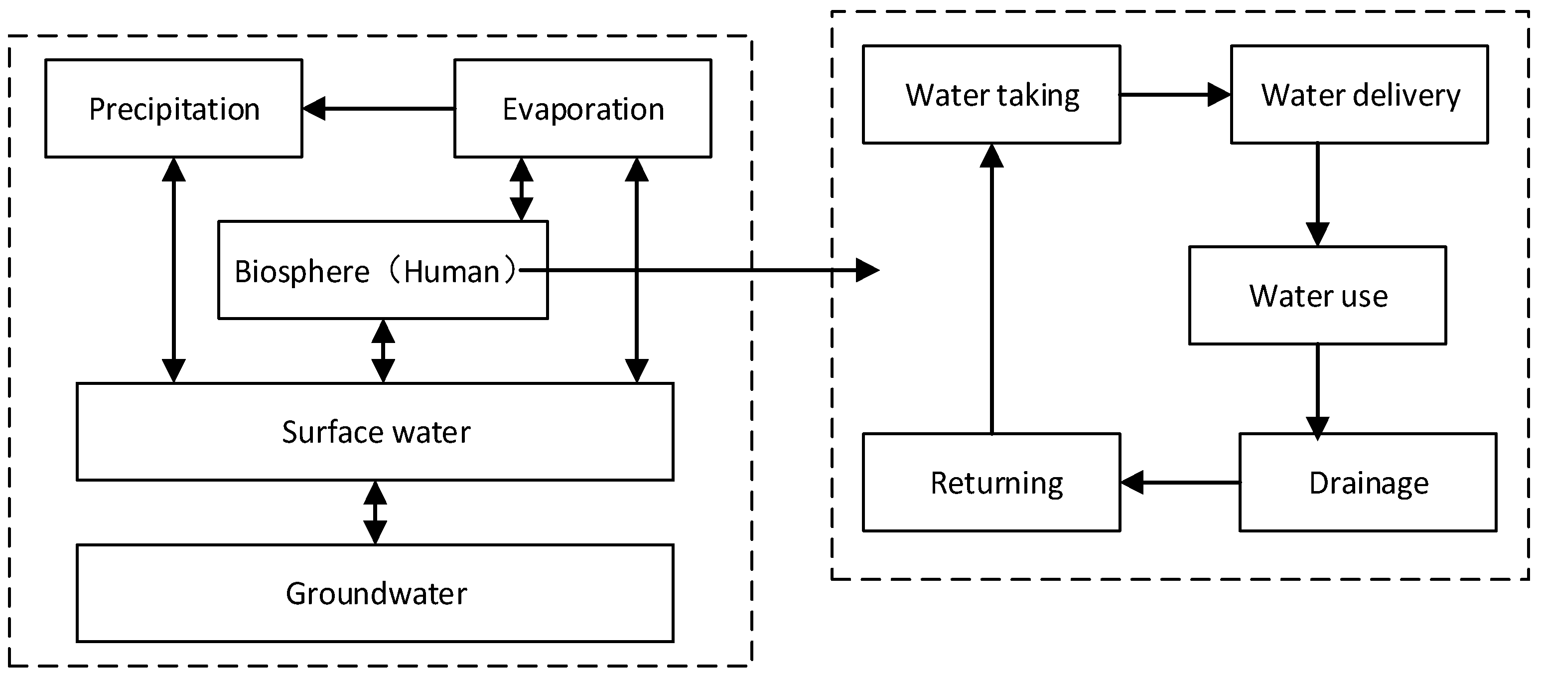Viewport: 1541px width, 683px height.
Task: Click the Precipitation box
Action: (173, 108)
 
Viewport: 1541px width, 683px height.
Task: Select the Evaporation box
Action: (582, 108)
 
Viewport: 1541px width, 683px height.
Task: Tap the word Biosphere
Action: (301, 271)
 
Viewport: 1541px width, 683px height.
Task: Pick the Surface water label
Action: (376, 432)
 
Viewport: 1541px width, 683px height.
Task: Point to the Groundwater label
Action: (376, 593)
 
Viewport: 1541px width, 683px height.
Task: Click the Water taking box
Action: (991, 95)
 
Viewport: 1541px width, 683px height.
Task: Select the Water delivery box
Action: (1359, 95)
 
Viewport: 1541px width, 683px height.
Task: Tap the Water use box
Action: (1317, 295)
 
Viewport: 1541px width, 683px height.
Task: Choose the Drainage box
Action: (1368, 483)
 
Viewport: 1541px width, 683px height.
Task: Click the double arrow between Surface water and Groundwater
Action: (375, 512)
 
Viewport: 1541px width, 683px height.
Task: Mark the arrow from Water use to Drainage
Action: (1317, 389)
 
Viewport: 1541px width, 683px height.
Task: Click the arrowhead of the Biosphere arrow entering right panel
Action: (867, 270)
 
